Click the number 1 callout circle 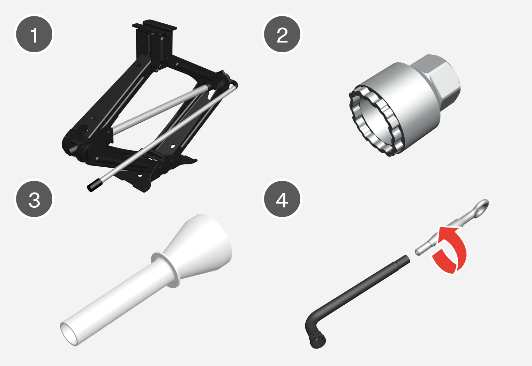[34, 34]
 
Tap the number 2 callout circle [282, 34]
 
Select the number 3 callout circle [34, 199]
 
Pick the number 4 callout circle [282, 199]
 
